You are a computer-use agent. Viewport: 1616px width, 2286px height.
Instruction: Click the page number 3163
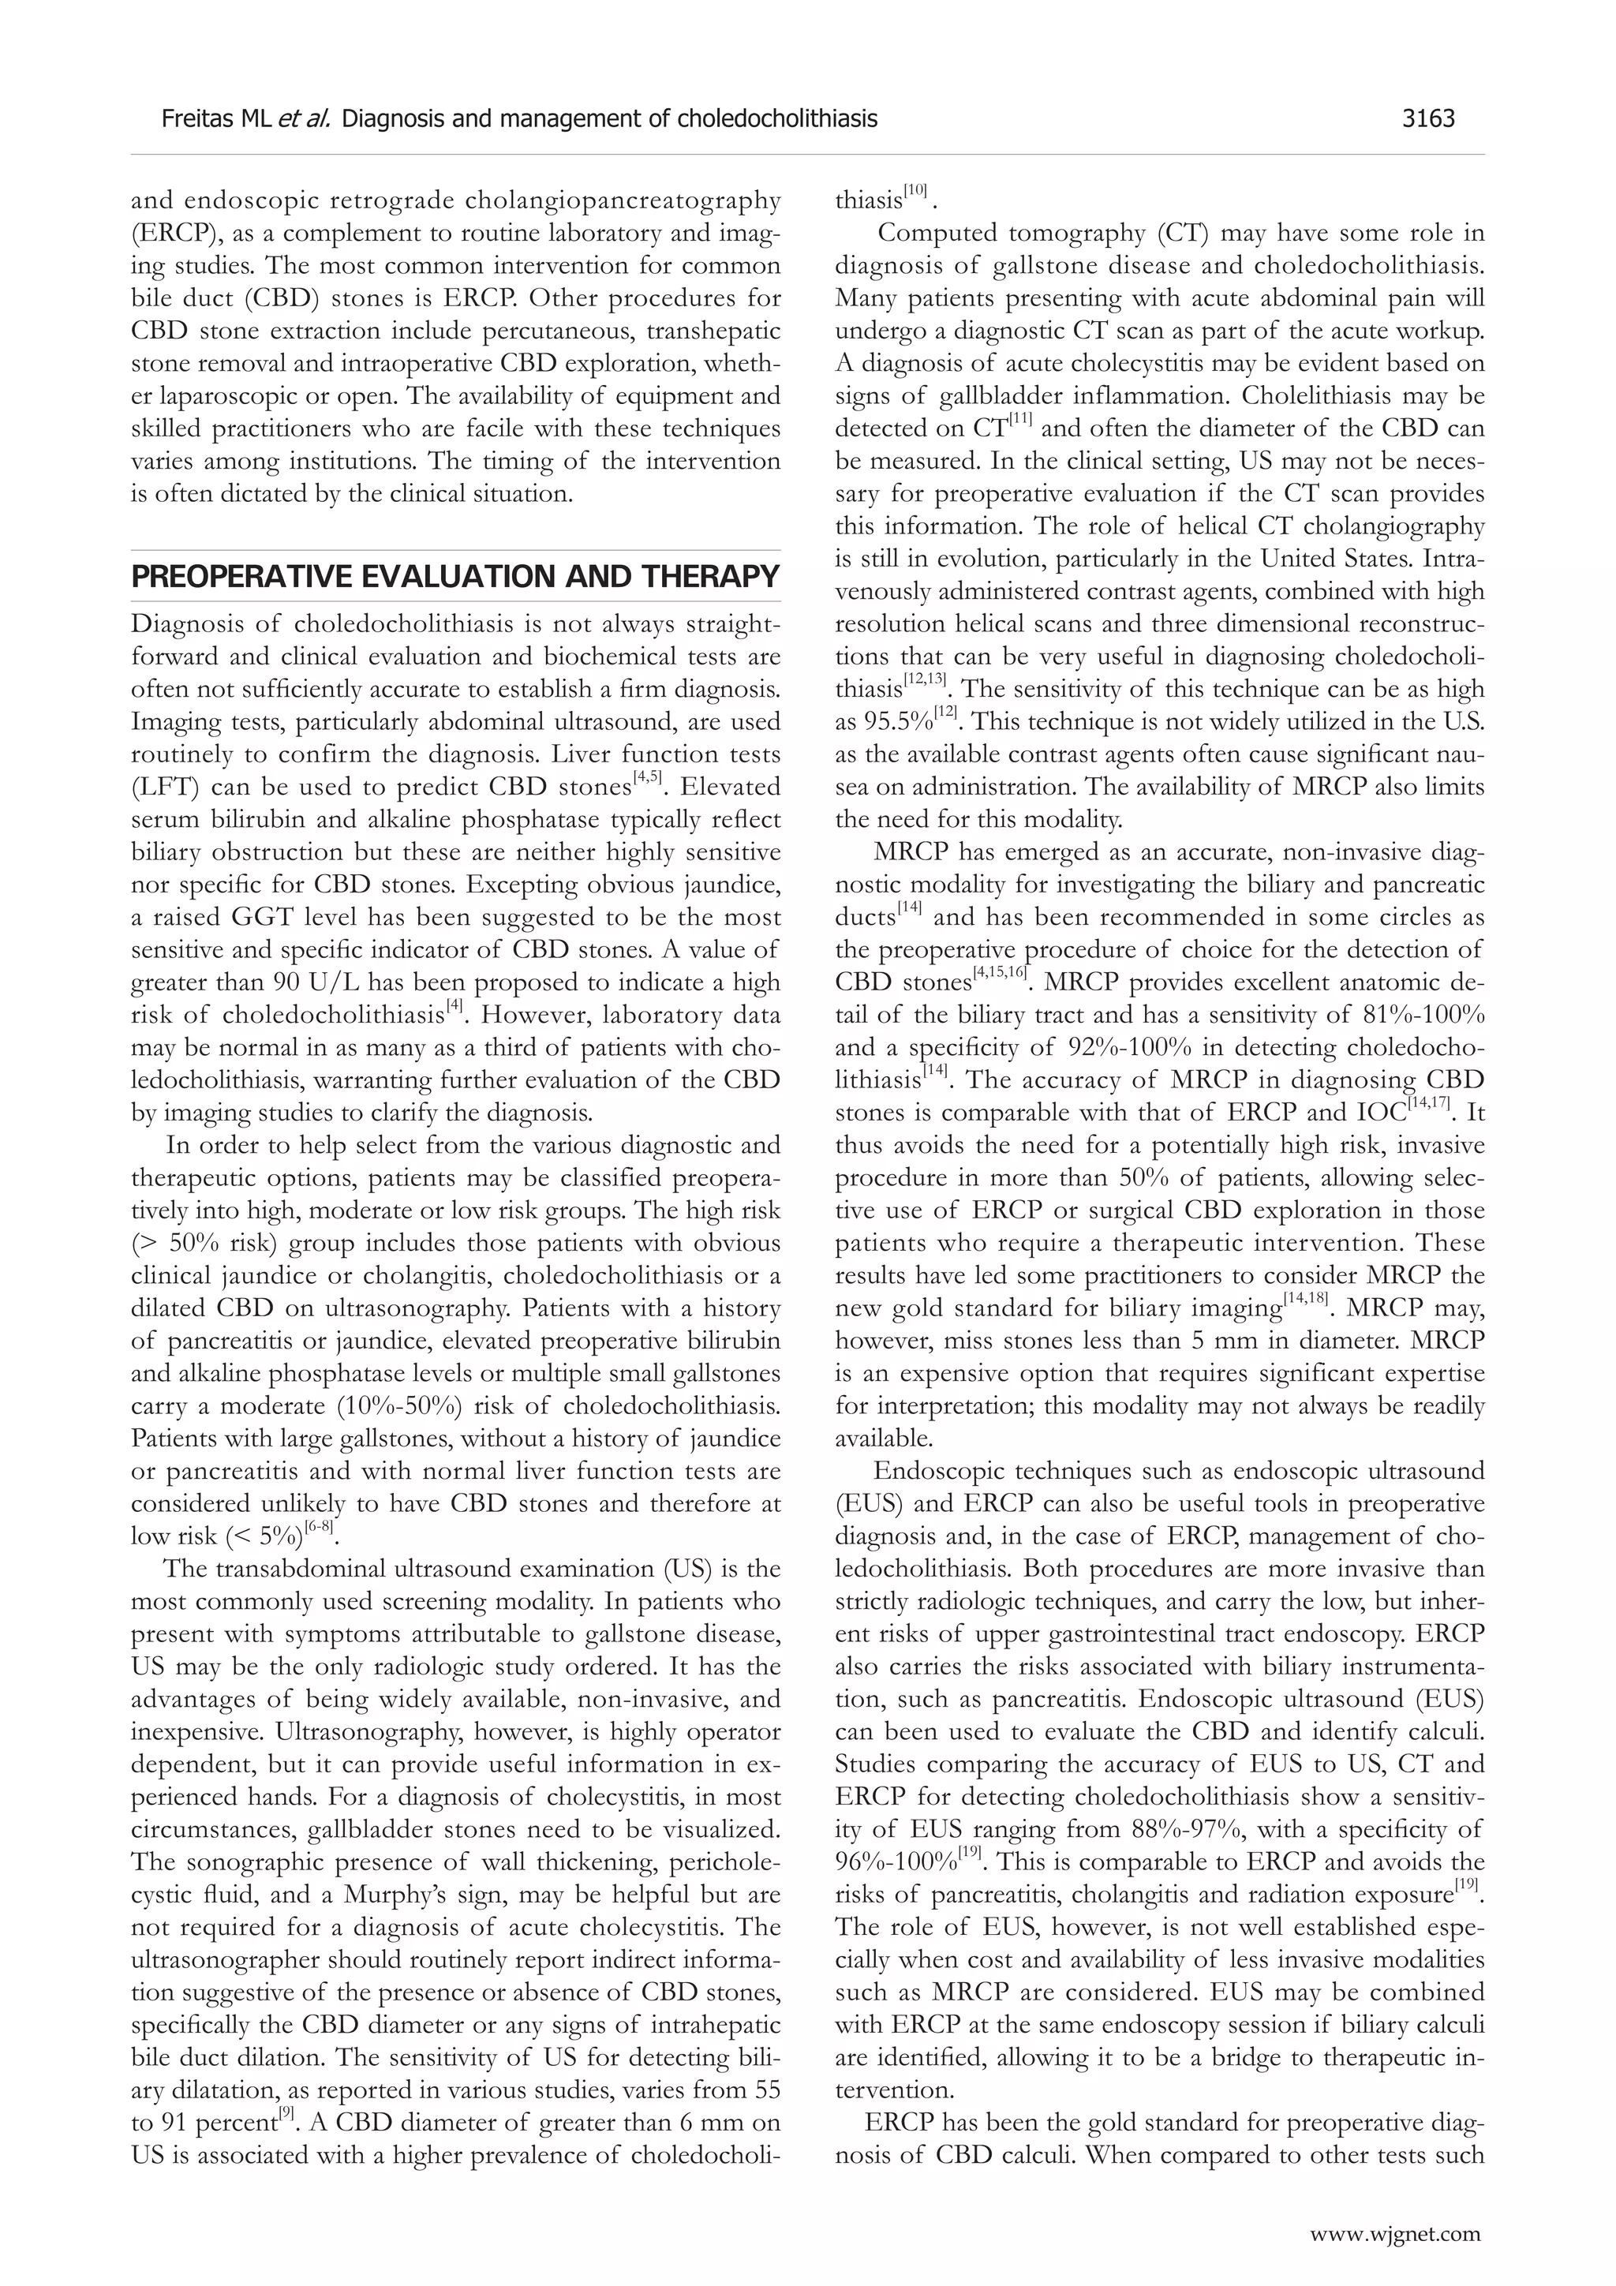pos(1428,119)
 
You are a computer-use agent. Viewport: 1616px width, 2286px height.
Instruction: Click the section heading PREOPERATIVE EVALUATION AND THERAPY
pos(455,577)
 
